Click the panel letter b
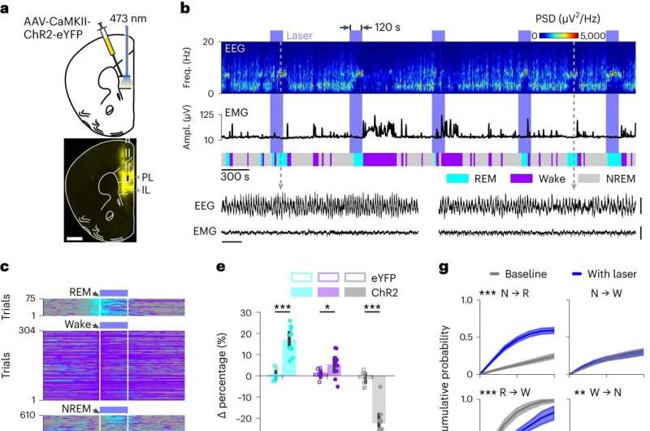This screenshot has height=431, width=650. tap(185, 10)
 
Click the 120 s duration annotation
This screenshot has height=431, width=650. tap(387, 27)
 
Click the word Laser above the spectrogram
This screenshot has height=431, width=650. tap(301, 35)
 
